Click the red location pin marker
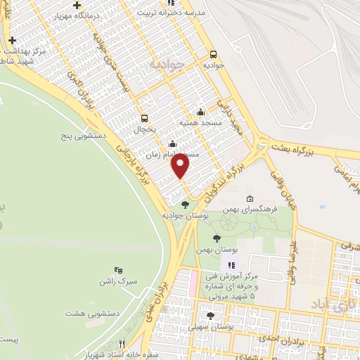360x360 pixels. click(181, 166)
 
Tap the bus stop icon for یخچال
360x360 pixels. click(145, 118)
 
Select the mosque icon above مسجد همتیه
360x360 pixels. click(201, 111)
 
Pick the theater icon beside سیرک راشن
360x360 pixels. click(118, 269)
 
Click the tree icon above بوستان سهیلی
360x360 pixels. click(210, 316)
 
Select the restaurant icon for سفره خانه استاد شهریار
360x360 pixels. click(122, 344)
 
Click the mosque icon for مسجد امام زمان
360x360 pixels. click(173, 144)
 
